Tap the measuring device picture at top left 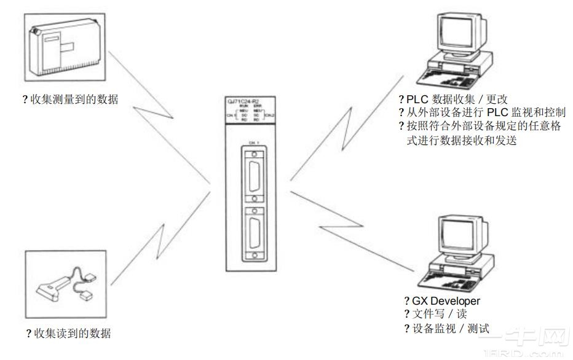tap(65, 46)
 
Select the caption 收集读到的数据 tap(71, 334)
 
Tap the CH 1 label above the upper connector tap(253, 143)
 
